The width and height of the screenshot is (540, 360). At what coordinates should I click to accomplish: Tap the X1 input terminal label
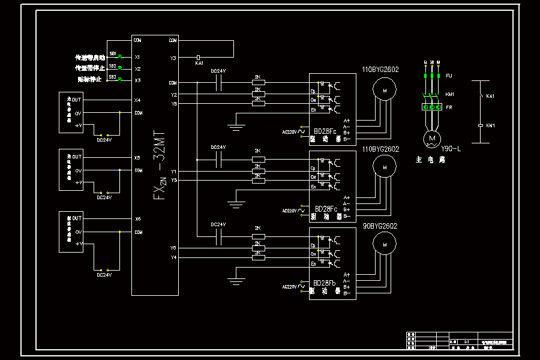click(137, 57)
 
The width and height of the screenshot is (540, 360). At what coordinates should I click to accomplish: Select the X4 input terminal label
click(137, 100)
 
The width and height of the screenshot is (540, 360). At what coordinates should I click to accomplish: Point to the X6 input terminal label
click(137, 219)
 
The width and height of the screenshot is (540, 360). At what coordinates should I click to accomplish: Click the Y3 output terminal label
click(173, 58)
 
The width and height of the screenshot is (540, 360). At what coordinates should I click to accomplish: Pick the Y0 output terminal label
click(173, 248)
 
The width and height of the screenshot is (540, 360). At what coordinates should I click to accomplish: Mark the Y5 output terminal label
click(173, 180)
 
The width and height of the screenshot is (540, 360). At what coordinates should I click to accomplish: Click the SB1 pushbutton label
click(112, 54)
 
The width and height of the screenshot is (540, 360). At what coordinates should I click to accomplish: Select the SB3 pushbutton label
click(112, 77)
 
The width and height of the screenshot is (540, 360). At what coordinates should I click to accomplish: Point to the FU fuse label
click(449, 76)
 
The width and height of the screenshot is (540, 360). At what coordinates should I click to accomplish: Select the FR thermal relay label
click(449, 107)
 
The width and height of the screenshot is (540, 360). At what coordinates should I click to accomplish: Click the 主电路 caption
click(430, 160)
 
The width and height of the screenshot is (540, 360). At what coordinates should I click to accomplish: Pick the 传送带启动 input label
click(90, 58)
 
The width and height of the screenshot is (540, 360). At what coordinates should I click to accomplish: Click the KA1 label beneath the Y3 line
click(200, 62)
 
